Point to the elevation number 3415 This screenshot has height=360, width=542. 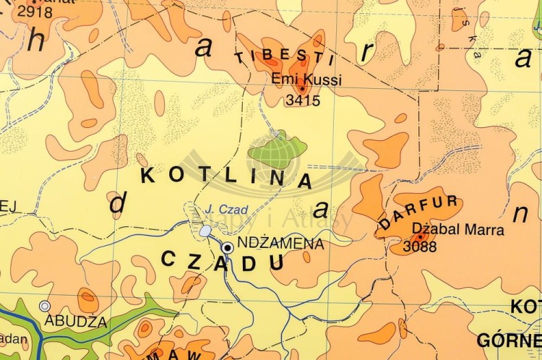click(x=303, y=100)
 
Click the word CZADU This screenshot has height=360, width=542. click(x=223, y=262)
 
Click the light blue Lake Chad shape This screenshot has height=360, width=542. click(x=206, y=231)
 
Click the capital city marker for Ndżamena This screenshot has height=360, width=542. click(x=228, y=247)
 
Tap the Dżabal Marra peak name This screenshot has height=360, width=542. click(x=457, y=230)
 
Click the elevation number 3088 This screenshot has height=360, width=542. click(x=421, y=247)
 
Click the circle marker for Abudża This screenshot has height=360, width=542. click(x=45, y=307)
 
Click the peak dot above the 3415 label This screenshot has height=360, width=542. click(x=301, y=89)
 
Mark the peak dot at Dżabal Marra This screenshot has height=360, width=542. click(x=420, y=236)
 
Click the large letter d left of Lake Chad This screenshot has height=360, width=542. click(x=117, y=204)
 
